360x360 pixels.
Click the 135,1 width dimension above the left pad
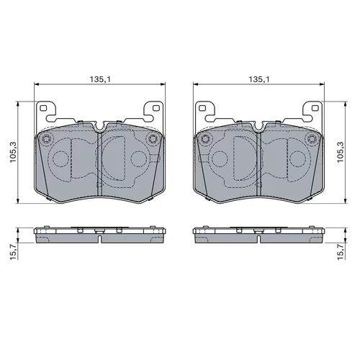pyautogui.click(x=100, y=79)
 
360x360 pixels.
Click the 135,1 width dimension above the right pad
pyautogui.click(x=259, y=79)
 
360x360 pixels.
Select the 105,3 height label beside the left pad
pyautogui.click(x=13, y=153)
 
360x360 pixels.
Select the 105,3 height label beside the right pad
pyautogui.click(x=341, y=153)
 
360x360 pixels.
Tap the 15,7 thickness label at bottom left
pyautogui.click(x=13, y=251)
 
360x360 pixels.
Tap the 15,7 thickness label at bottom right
pyautogui.click(x=341, y=251)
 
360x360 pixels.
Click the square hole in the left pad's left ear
pyautogui.click(x=43, y=108)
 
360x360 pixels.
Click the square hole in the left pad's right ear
pyautogui.click(x=156, y=108)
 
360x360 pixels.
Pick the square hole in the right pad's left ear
pyautogui.click(x=202, y=108)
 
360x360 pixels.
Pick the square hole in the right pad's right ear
pyautogui.click(x=315, y=108)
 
